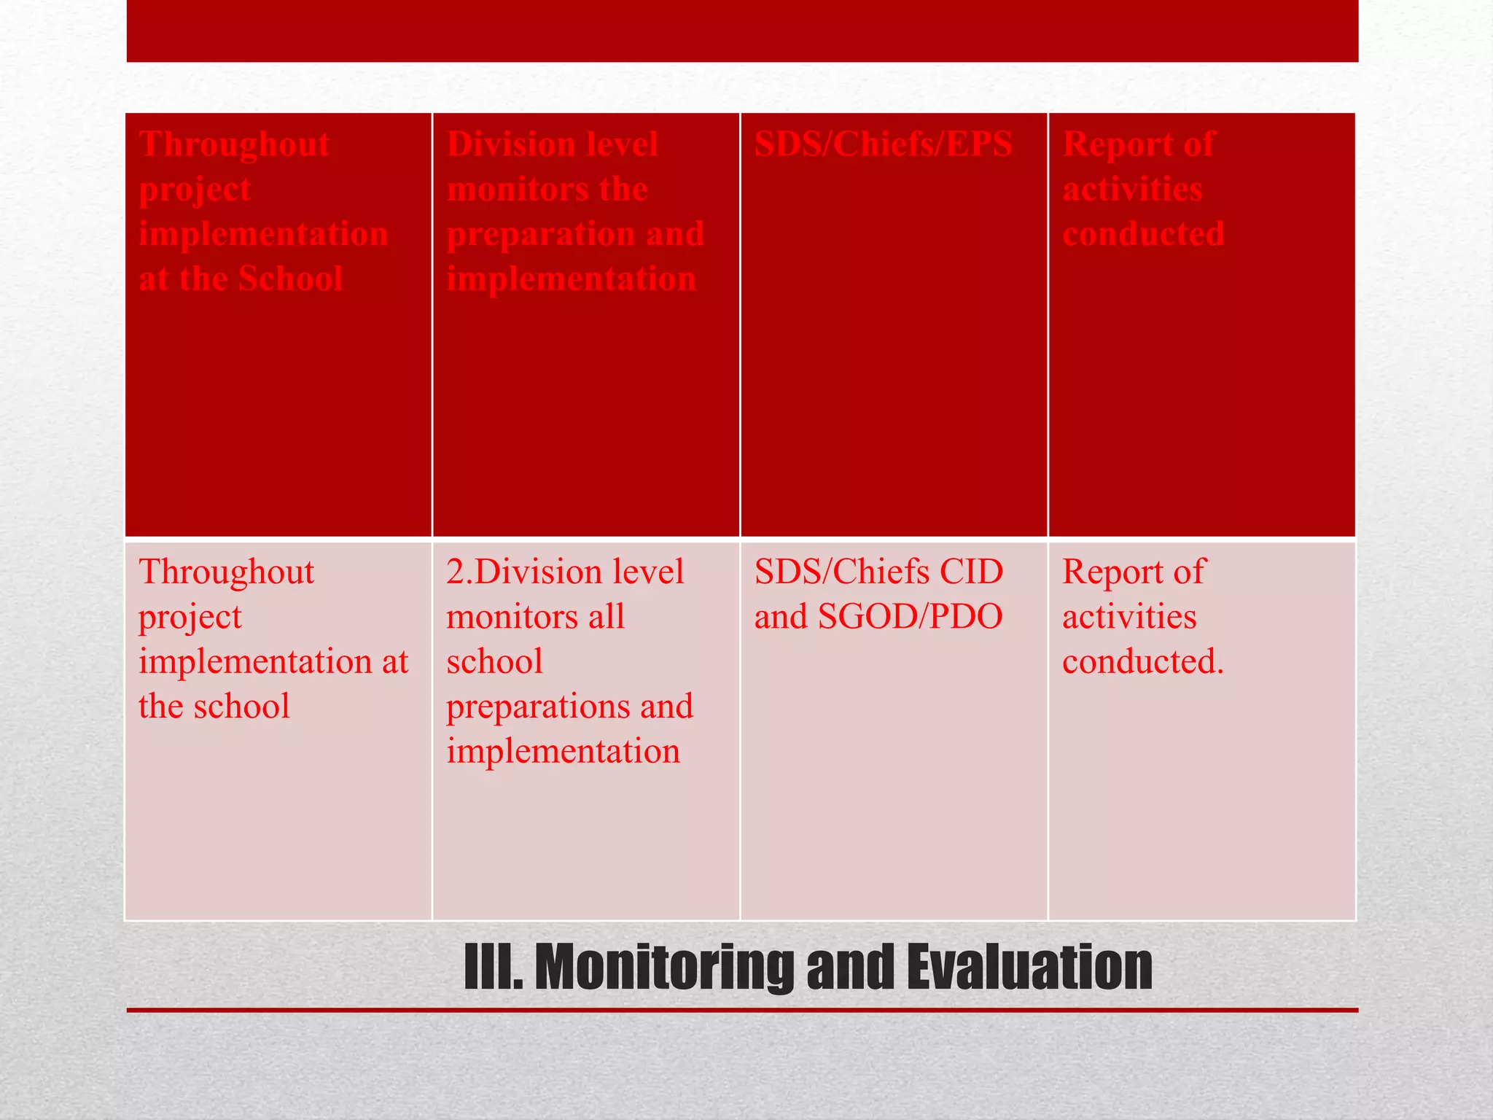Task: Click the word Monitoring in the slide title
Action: [665, 967]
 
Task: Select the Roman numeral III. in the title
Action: [494, 967]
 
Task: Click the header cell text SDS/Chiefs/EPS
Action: [883, 144]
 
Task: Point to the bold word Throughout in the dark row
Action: [234, 144]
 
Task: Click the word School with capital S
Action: [290, 279]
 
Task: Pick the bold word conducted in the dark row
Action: [1143, 234]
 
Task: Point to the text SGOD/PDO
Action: [911, 617]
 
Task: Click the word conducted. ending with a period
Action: [1142, 661]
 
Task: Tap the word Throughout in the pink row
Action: [227, 572]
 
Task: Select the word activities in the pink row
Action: [1129, 617]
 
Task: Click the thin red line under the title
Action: [742, 1010]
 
